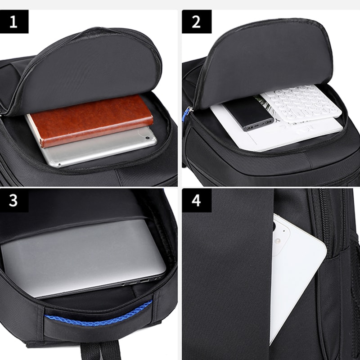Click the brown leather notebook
[x=90, y=120]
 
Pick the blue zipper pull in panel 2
[x=185, y=115]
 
